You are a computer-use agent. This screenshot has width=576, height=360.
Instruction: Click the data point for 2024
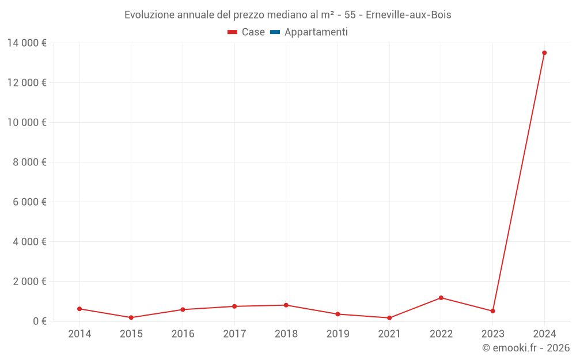click(x=544, y=53)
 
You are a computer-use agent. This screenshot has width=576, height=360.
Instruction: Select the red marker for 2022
click(x=441, y=298)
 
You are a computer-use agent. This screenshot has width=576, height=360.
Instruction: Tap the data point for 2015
click(x=131, y=317)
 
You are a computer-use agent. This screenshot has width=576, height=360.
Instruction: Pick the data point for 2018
click(x=286, y=305)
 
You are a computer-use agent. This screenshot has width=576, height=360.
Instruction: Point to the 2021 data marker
click(x=389, y=318)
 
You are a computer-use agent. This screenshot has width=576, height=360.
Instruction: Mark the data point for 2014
click(x=79, y=309)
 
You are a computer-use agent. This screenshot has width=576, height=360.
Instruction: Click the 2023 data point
click(x=492, y=311)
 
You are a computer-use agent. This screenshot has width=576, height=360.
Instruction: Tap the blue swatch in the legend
click(x=275, y=32)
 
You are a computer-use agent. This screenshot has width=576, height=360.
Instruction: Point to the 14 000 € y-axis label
click(x=26, y=43)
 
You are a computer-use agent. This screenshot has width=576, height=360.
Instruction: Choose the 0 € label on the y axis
click(x=39, y=321)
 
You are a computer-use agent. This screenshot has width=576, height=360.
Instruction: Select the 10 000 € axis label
click(x=26, y=122)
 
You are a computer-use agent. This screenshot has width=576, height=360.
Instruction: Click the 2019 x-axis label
click(x=338, y=334)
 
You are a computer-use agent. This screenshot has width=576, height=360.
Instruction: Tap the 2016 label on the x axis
click(x=183, y=334)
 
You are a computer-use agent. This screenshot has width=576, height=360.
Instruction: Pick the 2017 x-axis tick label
click(x=234, y=334)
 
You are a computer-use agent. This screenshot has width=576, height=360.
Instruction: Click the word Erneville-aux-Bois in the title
click(x=408, y=15)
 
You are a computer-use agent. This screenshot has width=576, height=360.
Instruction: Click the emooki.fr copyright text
click(x=526, y=348)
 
